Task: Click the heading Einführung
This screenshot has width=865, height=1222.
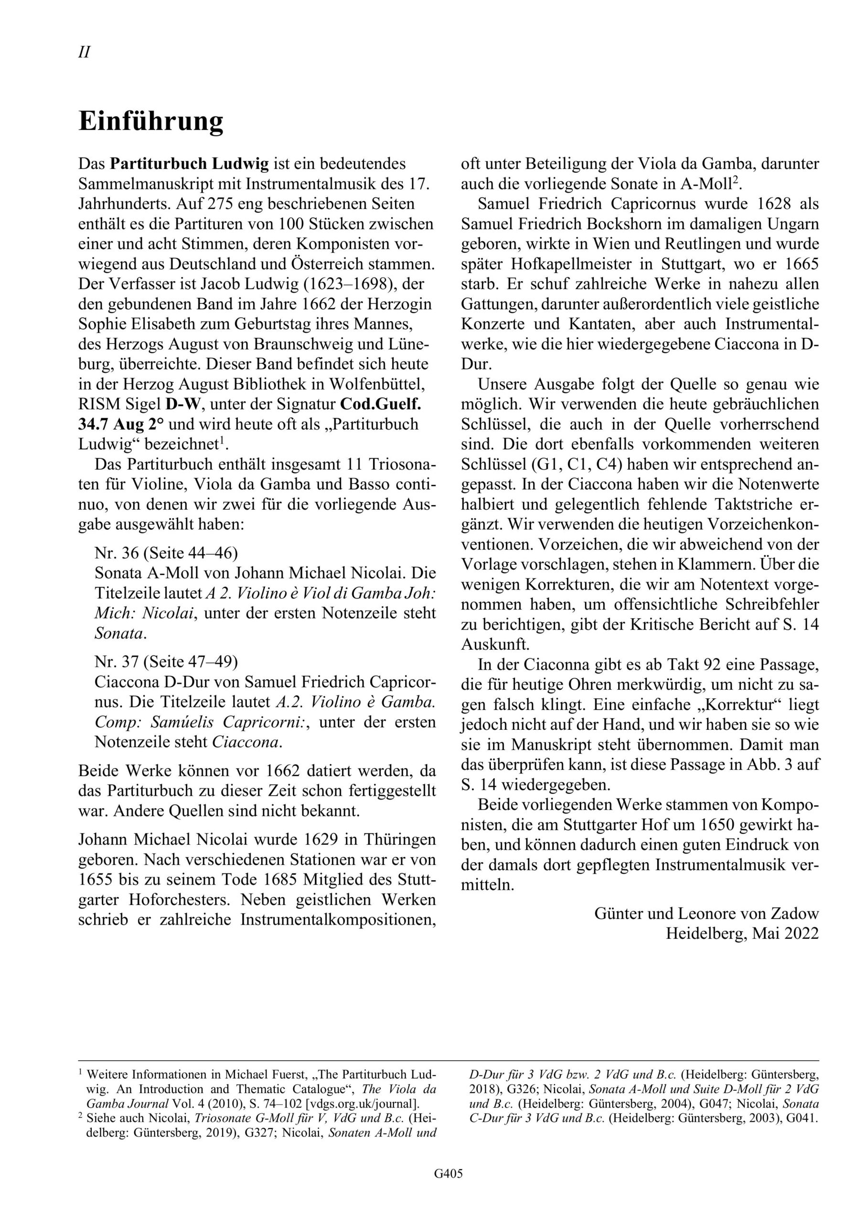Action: point(151,122)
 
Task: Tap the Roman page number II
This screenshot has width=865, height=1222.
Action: point(84,52)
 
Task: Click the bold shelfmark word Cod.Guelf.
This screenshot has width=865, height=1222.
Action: point(381,404)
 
